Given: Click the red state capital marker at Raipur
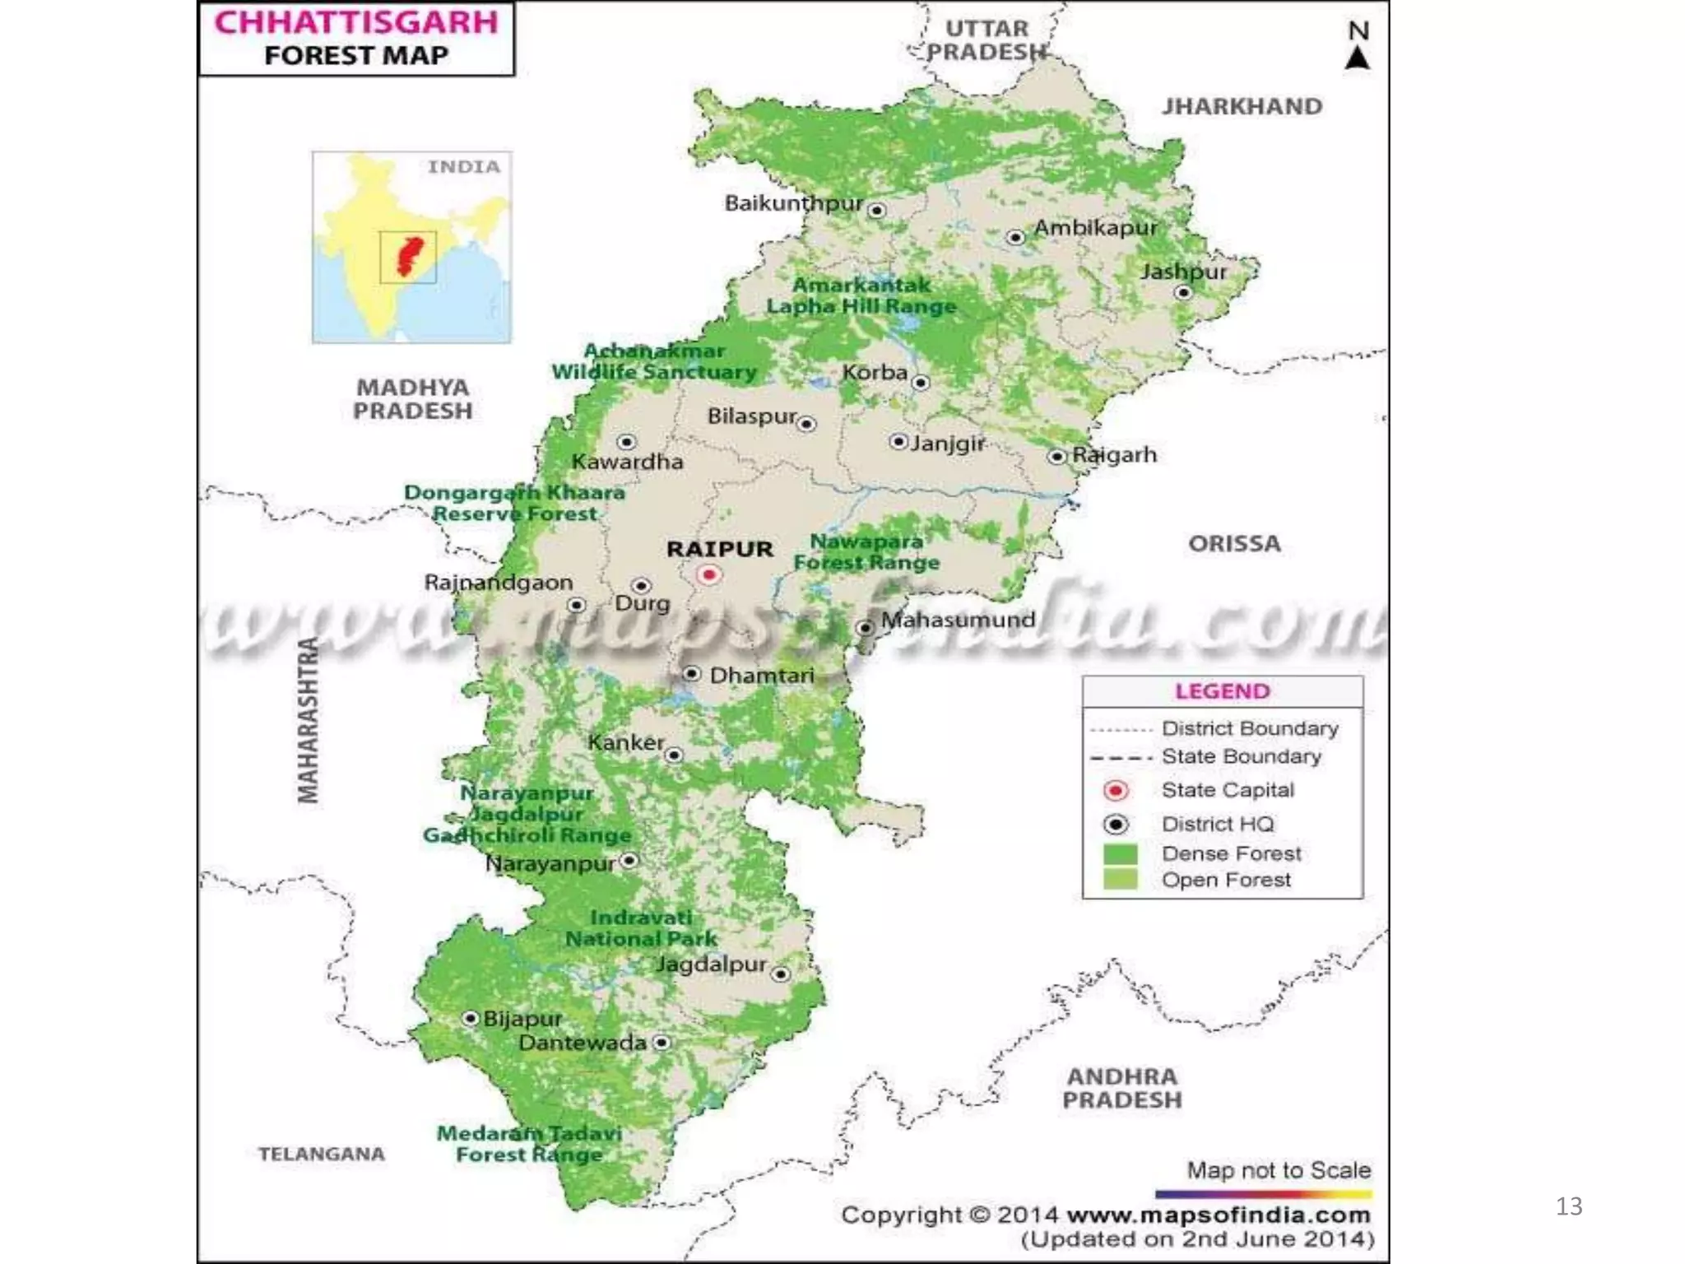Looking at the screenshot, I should click(708, 574).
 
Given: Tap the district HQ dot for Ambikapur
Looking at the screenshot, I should click(1015, 237).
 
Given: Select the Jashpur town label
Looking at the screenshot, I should click(1183, 272).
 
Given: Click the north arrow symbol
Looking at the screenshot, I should click(1358, 58).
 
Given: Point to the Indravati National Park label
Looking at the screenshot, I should click(641, 928).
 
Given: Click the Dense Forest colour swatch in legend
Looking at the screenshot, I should click(1119, 853).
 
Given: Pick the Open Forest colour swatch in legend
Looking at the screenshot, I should click(1119, 880).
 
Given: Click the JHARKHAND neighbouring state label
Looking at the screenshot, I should click(1242, 106).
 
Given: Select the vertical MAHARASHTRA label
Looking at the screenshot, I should click(308, 720).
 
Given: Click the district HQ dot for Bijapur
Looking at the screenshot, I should click(471, 1019).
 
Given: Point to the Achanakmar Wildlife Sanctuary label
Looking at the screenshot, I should click(654, 361).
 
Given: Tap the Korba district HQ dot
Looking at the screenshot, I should click(921, 383).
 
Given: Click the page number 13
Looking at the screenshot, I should click(1569, 1206).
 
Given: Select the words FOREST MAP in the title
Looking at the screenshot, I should click(356, 55).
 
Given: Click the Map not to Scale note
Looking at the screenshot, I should click(1278, 1169).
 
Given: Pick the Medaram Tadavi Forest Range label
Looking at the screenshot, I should click(529, 1144).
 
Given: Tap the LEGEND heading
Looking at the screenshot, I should click(1222, 691).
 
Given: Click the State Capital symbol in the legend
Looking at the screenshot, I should click(1116, 791).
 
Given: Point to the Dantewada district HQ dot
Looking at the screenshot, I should click(661, 1043).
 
